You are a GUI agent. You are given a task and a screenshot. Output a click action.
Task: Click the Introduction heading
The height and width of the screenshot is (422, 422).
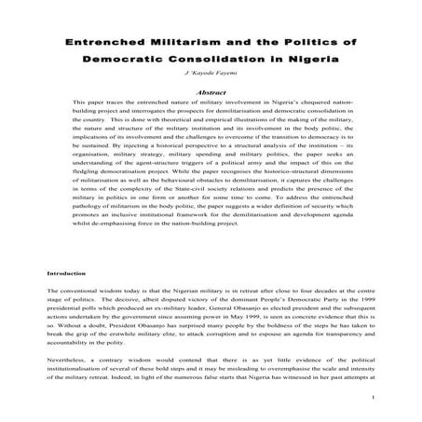click(70, 274)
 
